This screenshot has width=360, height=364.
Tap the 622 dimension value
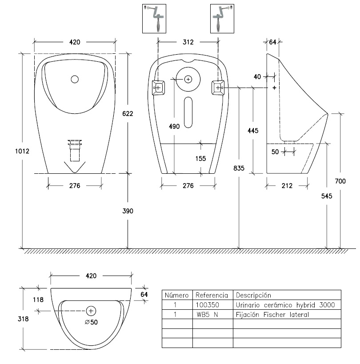tap(128, 113)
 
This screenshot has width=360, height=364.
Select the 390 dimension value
tap(128, 210)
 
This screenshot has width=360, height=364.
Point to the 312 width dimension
tap(188, 42)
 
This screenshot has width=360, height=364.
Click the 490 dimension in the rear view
tap(174, 126)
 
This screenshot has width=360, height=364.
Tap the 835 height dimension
tap(239, 168)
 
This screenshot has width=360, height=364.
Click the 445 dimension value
tap(252, 130)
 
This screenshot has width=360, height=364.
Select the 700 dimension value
tap(340, 181)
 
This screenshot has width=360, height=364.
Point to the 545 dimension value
tap(327, 196)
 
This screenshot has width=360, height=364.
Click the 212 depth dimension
tap(287, 186)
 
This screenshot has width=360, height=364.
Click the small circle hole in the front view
tap(75, 80)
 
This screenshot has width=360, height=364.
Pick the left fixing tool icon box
tap(154, 18)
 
